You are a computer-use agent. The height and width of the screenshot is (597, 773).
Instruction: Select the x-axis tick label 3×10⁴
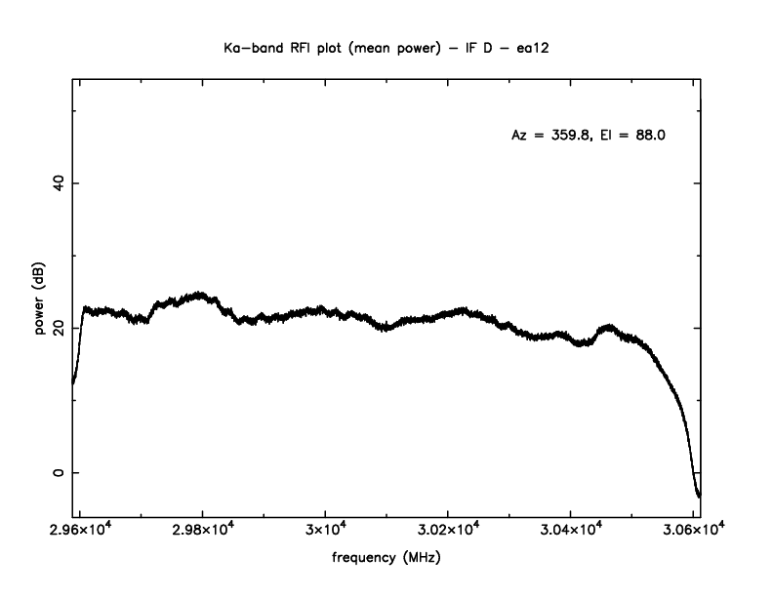[x=325, y=529]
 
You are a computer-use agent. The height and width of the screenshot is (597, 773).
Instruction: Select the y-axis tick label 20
[x=55, y=328]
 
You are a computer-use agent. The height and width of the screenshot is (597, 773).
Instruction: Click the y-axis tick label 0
[x=55, y=472]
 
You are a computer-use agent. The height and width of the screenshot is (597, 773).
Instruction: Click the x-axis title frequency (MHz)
[x=386, y=560]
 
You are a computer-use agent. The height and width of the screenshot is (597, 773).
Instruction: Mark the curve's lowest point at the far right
[x=699, y=496]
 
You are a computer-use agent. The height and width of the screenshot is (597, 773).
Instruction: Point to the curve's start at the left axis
[x=73, y=382]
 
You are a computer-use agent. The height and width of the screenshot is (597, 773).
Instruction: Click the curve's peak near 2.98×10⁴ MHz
[x=200, y=294]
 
